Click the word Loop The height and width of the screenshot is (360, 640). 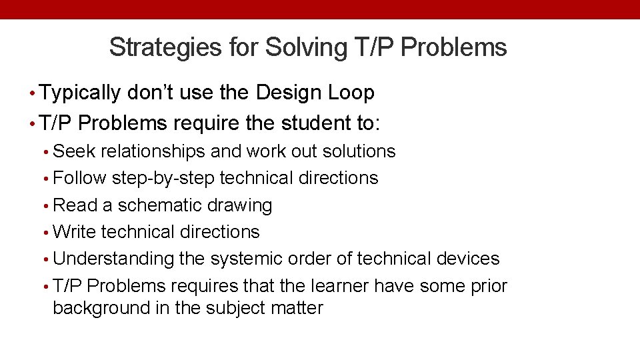[x=351, y=93]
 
